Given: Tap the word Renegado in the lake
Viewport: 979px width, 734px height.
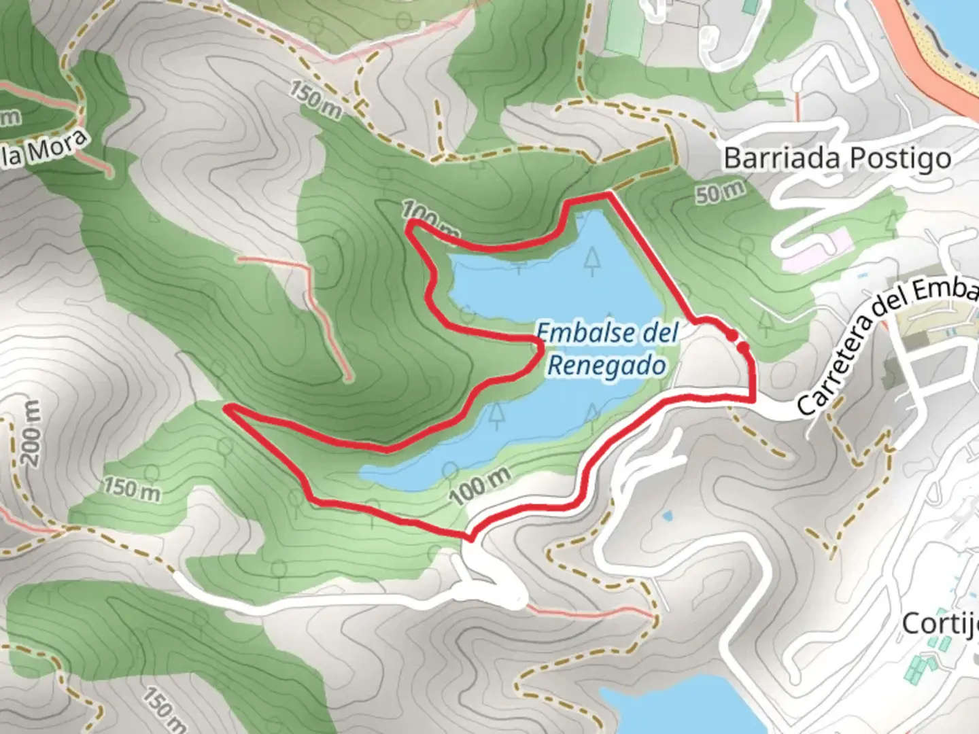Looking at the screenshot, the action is [606, 366].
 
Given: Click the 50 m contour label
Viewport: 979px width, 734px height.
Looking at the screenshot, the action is [720, 192].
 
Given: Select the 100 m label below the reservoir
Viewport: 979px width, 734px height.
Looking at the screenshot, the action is [479, 485].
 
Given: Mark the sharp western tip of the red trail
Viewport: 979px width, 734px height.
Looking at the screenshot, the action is [228, 407].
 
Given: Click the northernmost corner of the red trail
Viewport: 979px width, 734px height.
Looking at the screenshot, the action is [608, 194].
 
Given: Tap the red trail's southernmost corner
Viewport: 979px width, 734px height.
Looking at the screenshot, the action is [469, 538].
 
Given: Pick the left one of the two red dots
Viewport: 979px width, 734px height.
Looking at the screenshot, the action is [732, 335].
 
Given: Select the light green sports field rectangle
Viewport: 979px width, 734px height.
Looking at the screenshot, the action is [623, 31].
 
